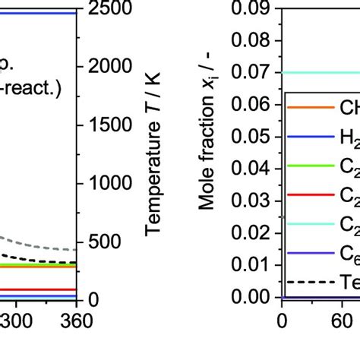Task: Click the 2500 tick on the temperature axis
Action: coord(111,8)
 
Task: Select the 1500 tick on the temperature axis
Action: coord(111,125)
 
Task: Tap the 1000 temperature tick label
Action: coord(111,183)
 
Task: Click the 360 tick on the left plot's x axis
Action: coord(76,321)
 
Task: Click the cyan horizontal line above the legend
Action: coord(319,73)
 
